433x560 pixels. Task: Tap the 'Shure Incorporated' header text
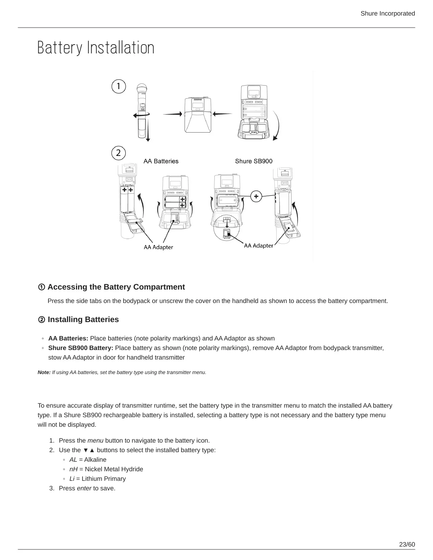coord(387,13)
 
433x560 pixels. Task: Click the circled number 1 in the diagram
coord(119,86)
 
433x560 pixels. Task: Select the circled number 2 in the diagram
coord(119,153)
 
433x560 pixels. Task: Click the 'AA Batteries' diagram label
coord(161,161)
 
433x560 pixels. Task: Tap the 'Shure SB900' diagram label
coord(254,161)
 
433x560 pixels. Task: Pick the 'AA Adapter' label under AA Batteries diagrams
coord(158,247)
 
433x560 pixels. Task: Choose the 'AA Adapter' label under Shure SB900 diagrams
coord(259,245)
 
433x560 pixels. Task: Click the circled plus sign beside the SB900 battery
coord(256,196)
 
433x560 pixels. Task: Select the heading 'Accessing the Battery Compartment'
coord(116,287)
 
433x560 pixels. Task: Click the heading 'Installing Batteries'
coord(83,319)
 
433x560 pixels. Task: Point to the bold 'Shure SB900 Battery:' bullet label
coord(81,348)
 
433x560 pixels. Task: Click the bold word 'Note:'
coord(44,372)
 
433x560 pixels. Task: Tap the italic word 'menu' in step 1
coord(95,441)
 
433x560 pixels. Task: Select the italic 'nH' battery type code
coord(74,469)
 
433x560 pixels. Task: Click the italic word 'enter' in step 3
coord(84,488)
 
